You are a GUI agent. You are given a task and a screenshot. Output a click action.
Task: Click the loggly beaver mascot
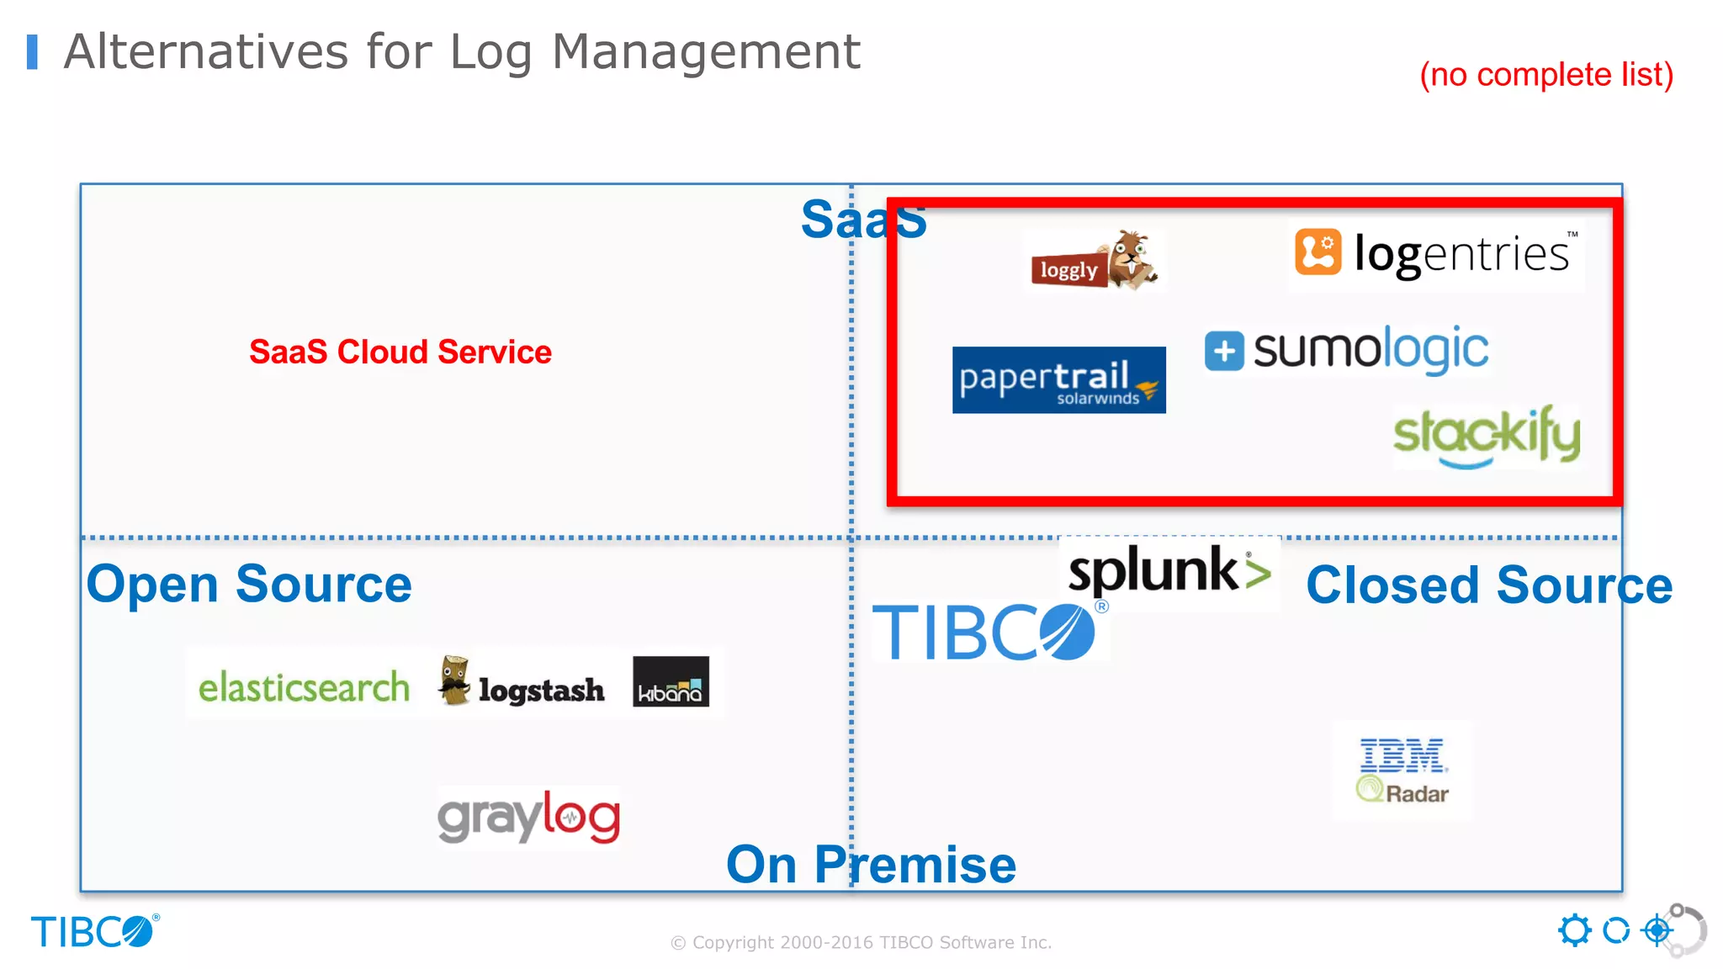(1132, 259)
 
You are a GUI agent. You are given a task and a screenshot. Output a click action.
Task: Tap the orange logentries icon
(1317, 252)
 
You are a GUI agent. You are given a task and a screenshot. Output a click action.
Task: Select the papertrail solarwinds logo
(1058, 380)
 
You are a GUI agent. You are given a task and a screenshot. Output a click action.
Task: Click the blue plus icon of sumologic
(1224, 351)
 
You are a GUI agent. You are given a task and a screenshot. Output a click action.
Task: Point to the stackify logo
(1486, 436)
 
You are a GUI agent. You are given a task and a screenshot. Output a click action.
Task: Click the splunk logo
(1169, 571)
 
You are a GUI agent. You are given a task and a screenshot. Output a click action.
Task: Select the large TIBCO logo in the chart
(984, 632)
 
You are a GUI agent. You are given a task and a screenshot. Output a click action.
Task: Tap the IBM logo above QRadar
(1402, 755)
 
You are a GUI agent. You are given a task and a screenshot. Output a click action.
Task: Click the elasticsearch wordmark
(304, 687)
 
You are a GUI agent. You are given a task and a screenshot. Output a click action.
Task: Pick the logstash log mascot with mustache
(454, 680)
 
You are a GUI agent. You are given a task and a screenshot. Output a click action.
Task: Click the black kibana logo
(671, 681)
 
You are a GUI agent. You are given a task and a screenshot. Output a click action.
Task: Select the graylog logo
(529, 816)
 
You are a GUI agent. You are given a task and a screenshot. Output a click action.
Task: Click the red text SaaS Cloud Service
(400, 352)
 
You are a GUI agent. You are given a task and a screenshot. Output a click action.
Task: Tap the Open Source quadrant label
(249, 584)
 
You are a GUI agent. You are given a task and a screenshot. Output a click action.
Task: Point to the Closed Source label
(1488, 585)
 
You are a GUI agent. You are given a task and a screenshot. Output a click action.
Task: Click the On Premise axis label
(871, 864)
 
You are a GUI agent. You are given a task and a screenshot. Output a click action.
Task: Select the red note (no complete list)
(1546, 75)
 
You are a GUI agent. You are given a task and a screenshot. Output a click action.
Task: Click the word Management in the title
(706, 51)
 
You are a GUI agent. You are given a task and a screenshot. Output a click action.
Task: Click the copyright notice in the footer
(861, 942)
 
